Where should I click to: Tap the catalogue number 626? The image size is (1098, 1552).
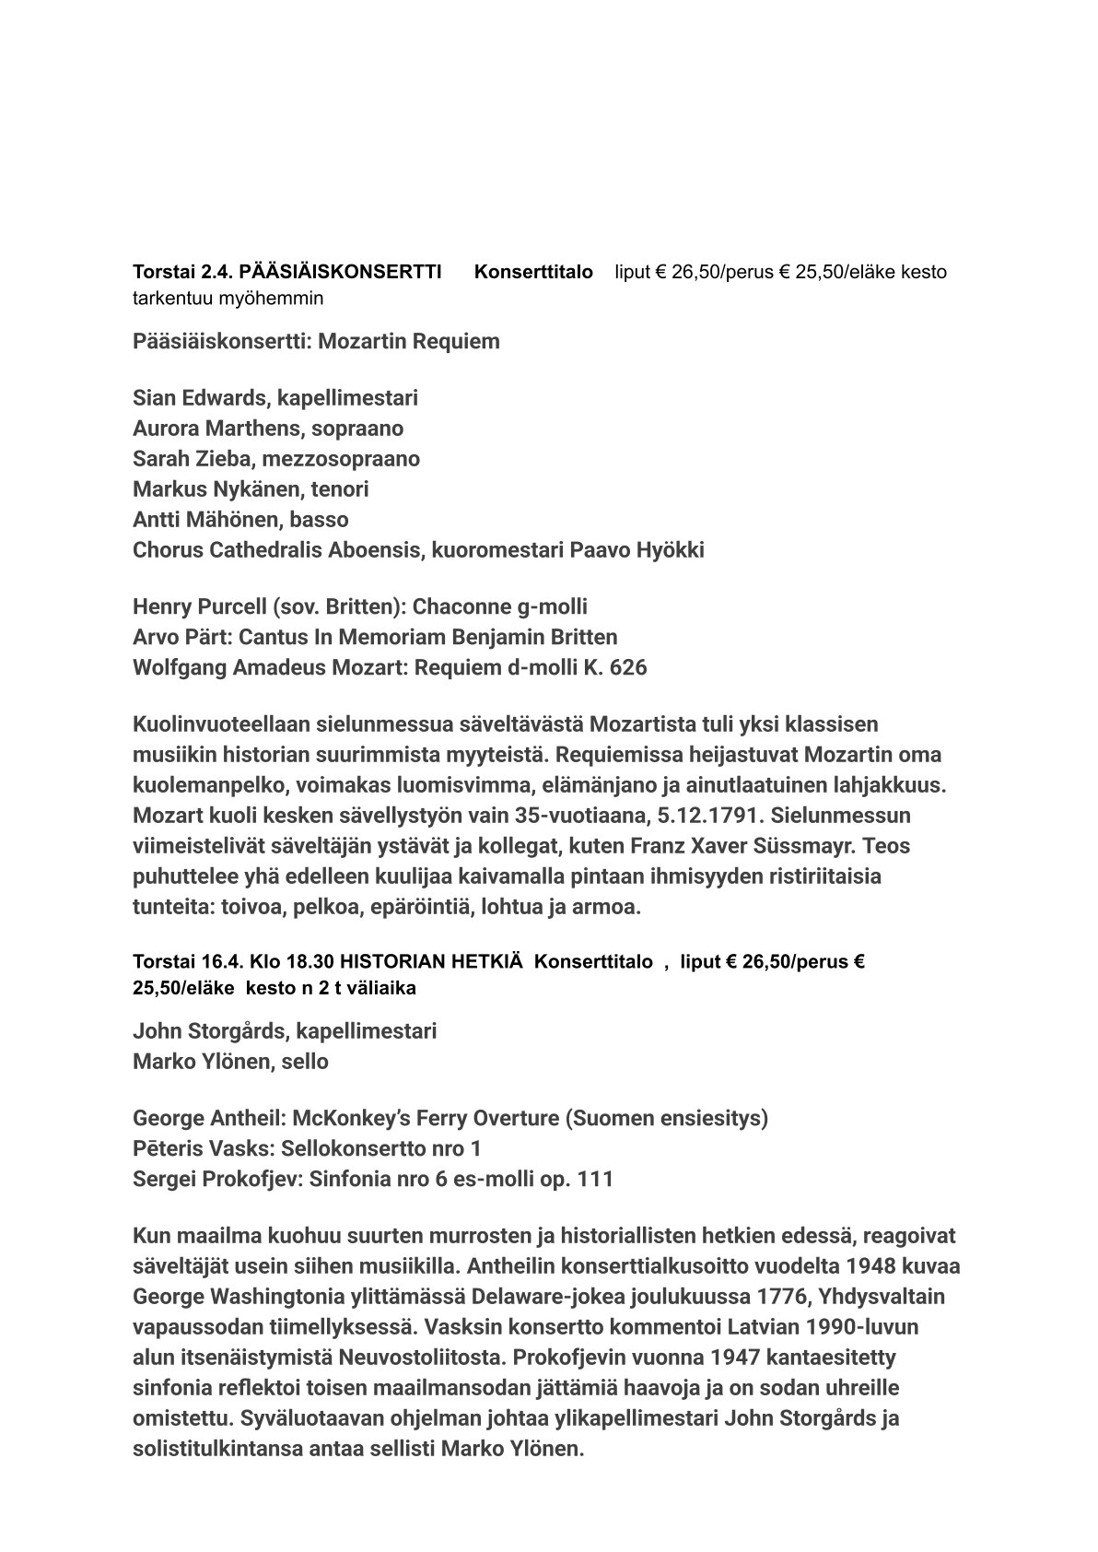click(628, 667)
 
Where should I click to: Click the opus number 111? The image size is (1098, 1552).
click(595, 1180)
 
